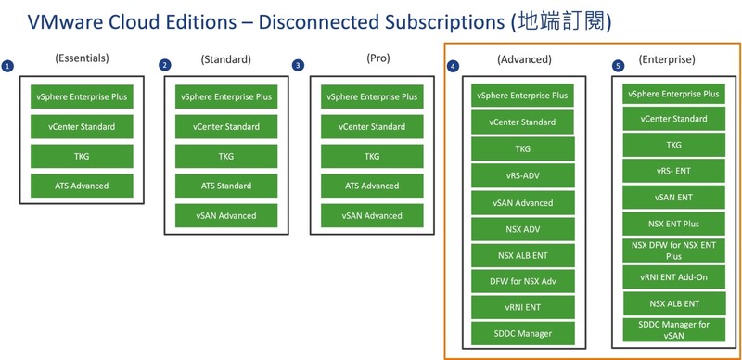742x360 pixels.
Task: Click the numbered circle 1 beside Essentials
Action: (x=7, y=66)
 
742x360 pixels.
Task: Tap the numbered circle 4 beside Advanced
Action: (x=452, y=67)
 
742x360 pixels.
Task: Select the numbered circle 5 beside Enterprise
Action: (x=618, y=66)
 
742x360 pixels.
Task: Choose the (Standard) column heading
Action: (x=225, y=59)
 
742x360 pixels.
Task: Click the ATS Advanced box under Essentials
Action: (x=83, y=186)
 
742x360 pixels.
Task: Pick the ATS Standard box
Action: (x=225, y=186)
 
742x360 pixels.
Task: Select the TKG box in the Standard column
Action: (x=225, y=156)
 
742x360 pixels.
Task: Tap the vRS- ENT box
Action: (x=673, y=171)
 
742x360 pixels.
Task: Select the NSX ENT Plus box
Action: (x=673, y=224)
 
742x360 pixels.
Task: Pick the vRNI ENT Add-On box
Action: (x=673, y=276)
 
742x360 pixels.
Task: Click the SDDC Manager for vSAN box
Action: (x=673, y=329)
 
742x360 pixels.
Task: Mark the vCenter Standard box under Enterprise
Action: (x=673, y=119)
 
